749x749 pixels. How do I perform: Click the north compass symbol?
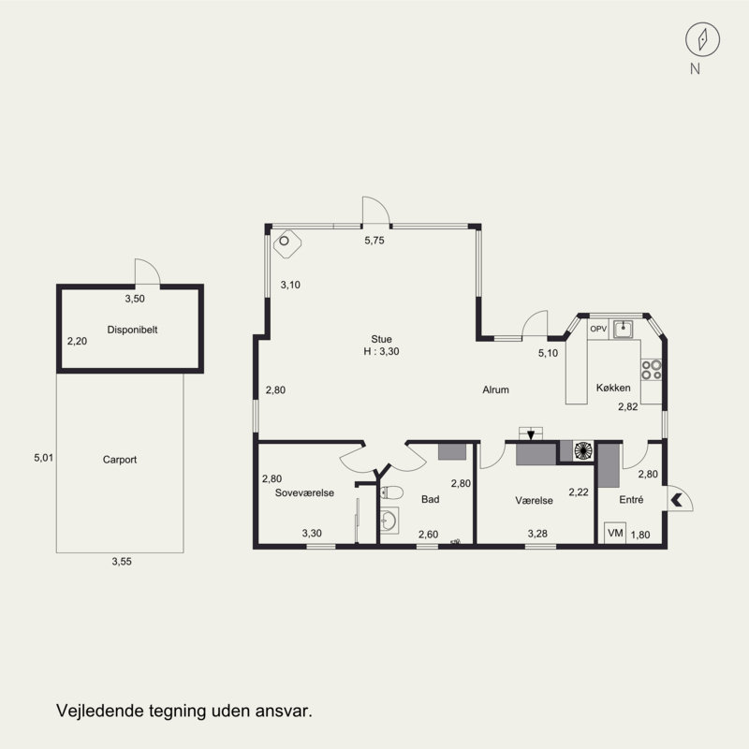702,39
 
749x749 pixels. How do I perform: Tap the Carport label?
120,460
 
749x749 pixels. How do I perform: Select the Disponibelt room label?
132,330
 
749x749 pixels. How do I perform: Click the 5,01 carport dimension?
43,458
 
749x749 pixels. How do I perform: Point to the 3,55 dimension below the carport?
122,562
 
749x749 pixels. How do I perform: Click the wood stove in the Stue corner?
287,243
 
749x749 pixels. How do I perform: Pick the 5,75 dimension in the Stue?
374,241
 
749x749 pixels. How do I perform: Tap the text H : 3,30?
381,352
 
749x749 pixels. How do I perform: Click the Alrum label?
495,389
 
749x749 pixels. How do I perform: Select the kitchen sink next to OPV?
624,330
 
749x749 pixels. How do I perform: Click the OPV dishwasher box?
598,330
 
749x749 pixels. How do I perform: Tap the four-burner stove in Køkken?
652,370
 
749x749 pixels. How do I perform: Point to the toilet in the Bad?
391,492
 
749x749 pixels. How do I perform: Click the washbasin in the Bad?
389,521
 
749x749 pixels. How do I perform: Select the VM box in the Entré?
615,533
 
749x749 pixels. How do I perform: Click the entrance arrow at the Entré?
676,500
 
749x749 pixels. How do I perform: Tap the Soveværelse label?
304,493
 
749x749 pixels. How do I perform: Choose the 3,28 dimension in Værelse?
537,534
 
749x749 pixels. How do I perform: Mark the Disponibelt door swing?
148,272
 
